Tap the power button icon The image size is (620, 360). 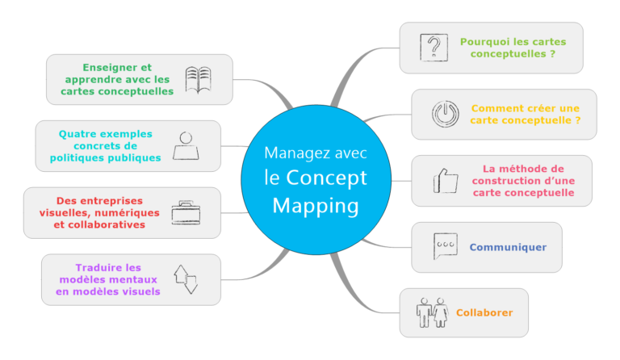(x=444, y=114)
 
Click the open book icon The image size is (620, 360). (x=198, y=79)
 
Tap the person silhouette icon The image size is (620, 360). (x=186, y=146)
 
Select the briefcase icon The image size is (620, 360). (x=184, y=212)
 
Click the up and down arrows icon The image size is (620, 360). (x=186, y=279)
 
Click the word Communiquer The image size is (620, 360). (x=508, y=247)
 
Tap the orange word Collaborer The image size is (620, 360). (x=484, y=313)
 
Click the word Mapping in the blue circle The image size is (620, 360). (x=315, y=206)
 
